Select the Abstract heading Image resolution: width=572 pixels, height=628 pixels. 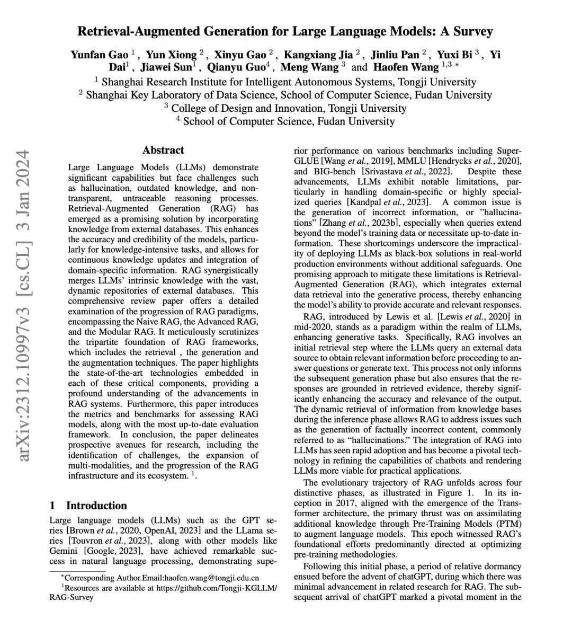(163, 150)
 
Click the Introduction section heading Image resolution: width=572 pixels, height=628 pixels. (96, 505)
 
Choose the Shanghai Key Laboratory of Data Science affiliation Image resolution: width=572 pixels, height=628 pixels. (289, 95)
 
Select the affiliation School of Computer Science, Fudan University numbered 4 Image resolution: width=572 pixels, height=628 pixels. (289, 121)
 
